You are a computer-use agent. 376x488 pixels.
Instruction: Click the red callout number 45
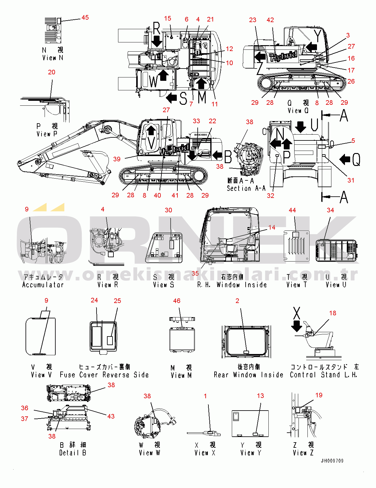click(x=85, y=18)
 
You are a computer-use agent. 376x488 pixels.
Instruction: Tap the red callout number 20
click(x=52, y=72)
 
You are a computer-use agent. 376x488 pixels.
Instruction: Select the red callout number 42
click(x=270, y=20)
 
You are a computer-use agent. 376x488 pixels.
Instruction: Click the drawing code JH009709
click(x=332, y=461)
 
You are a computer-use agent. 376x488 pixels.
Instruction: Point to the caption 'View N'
click(x=53, y=58)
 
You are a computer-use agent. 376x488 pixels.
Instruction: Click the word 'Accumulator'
click(x=43, y=285)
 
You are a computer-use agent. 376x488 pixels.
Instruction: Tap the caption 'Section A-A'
click(x=246, y=188)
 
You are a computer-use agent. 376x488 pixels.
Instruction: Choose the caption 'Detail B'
click(x=73, y=453)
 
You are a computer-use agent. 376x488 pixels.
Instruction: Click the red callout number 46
click(x=177, y=301)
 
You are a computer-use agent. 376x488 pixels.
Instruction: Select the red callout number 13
click(x=260, y=396)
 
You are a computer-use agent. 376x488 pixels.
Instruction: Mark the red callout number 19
click(x=319, y=395)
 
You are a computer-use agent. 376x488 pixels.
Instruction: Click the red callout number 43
click(x=111, y=416)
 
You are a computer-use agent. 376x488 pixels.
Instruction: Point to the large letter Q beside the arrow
click(x=356, y=159)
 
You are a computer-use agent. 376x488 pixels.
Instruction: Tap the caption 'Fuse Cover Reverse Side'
click(x=104, y=375)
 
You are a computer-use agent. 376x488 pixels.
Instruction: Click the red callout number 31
click(x=351, y=180)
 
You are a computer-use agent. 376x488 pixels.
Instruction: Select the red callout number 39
click(x=117, y=159)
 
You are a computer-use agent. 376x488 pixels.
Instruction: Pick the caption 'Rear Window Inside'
click(x=248, y=375)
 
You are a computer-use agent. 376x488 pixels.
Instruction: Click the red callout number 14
click(x=272, y=227)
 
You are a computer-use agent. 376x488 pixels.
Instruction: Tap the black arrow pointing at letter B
click(x=217, y=155)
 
